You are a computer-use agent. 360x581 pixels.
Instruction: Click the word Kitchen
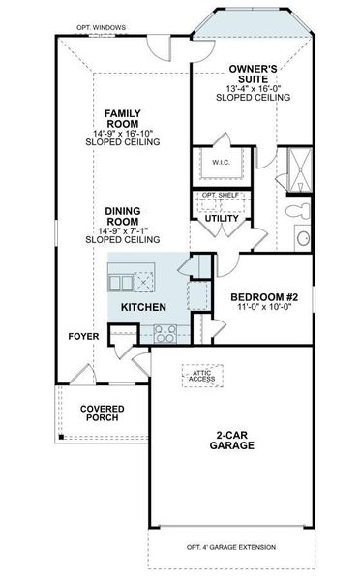pos(143,307)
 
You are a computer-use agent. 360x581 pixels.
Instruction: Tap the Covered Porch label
pos(99,413)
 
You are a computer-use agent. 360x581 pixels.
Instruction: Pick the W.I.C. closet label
pos(220,163)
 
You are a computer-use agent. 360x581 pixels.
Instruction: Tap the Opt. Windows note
pos(95,27)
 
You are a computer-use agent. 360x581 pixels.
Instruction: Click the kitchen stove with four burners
pos(165,334)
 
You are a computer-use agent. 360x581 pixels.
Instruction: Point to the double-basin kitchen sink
pos(122,283)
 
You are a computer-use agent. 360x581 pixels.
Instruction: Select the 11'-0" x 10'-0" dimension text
pos(263,308)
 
